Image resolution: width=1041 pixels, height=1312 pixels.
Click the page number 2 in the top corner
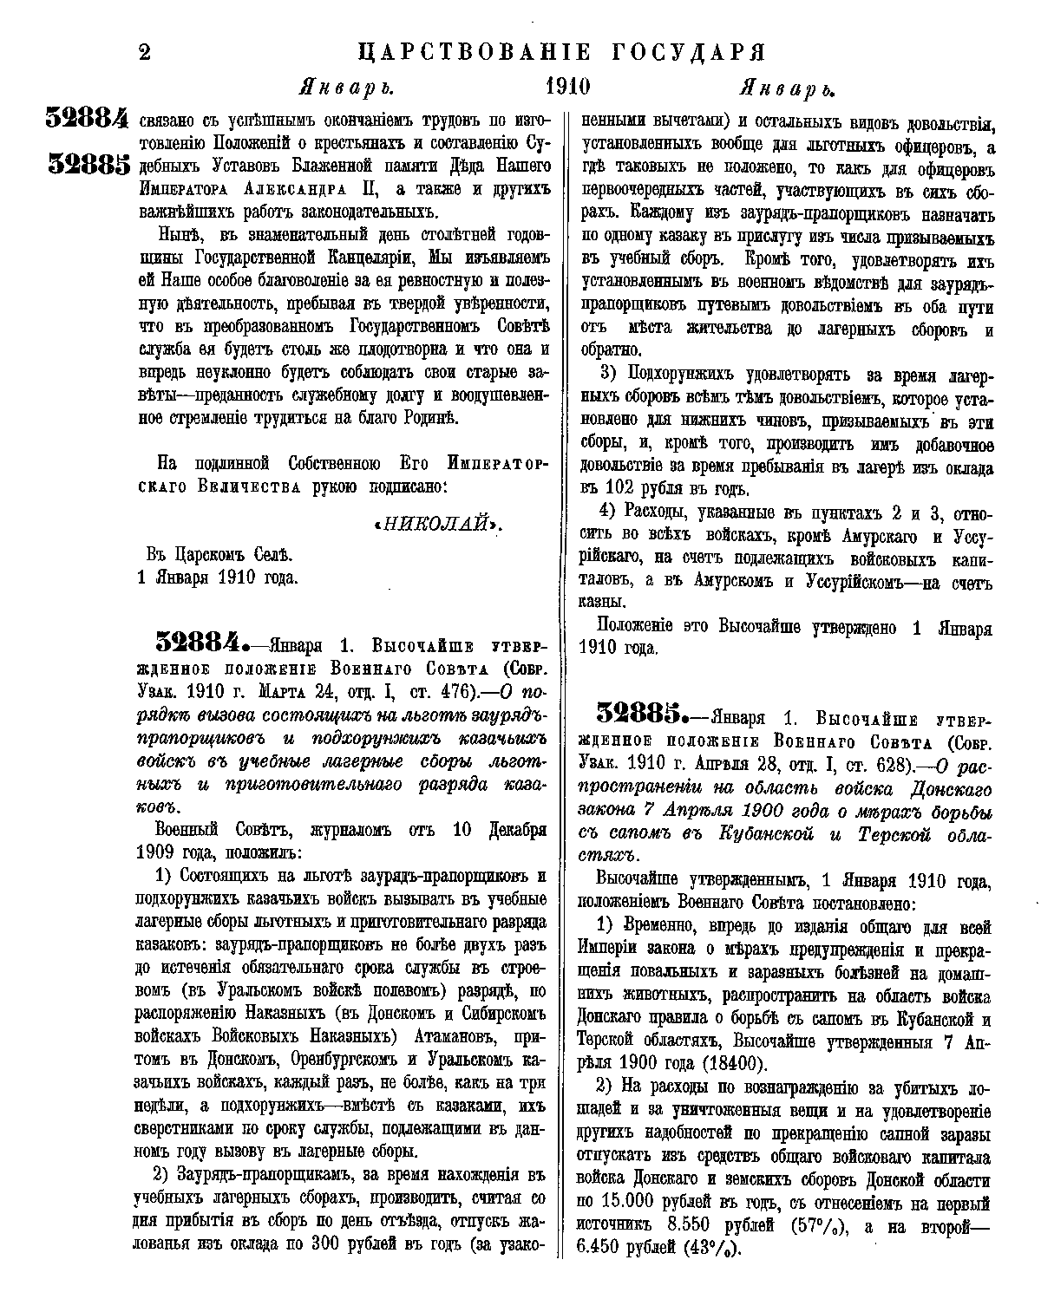pos(144,53)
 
